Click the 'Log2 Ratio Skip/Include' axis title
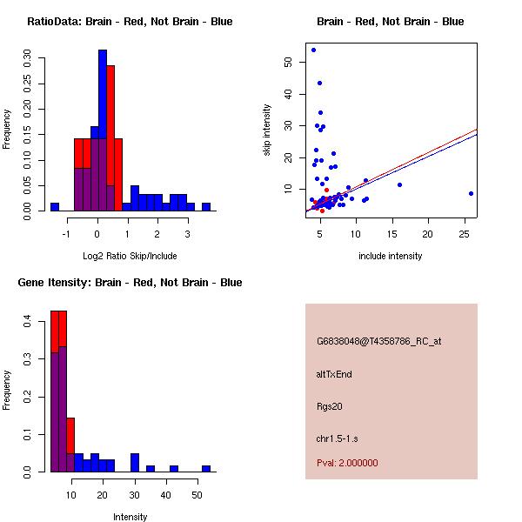(x=130, y=256)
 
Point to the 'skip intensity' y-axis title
(x=267, y=130)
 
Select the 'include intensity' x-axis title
(x=391, y=256)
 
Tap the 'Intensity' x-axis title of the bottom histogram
(x=130, y=517)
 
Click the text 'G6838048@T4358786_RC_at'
(x=378, y=341)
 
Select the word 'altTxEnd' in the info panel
(x=334, y=374)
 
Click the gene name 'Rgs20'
(x=330, y=406)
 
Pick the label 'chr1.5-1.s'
(x=337, y=438)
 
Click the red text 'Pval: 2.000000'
(x=347, y=463)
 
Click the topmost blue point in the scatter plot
(x=313, y=50)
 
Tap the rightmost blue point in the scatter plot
(x=471, y=193)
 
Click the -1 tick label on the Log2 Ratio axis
(x=67, y=233)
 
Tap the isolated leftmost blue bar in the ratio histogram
(x=54, y=206)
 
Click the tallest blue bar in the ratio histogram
(x=103, y=130)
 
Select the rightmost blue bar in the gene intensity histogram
(x=206, y=468)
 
